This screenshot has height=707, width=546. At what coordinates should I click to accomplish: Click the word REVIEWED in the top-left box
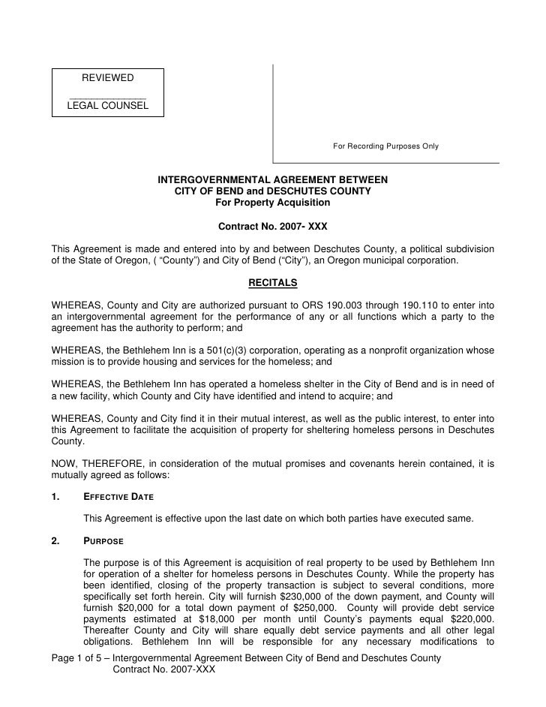click(x=107, y=79)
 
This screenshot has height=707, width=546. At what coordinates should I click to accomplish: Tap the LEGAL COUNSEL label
click(x=107, y=107)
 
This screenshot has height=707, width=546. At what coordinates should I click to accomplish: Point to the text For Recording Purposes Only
click(x=386, y=146)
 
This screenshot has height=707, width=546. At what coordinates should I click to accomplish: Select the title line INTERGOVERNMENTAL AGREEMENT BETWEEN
click(x=272, y=180)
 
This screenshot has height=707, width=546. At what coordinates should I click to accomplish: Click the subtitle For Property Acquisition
click(x=272, y=203)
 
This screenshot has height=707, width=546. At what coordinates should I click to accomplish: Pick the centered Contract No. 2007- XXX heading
click(x=272, y=225)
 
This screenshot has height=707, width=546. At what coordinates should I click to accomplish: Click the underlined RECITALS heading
click(x=272, y=283)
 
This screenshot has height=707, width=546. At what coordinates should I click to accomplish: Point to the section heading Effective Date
click(x=118, y=497)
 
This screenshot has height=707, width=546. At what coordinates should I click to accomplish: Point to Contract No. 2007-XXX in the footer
click(x=163, y=669)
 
